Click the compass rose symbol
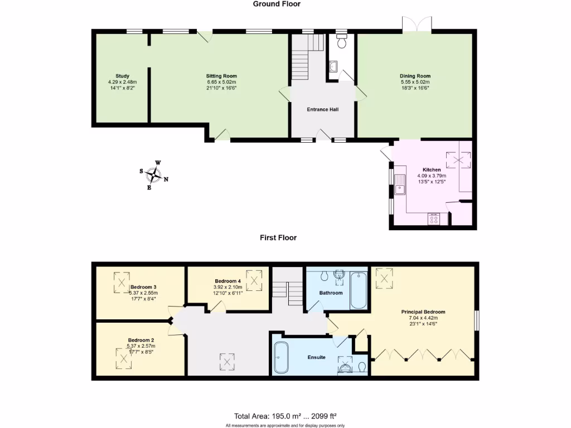point(153,176)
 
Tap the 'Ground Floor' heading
point(277,4)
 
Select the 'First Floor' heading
point(278,237)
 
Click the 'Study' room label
point(122,76)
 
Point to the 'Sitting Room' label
point(221,76)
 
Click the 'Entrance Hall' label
point(322,109)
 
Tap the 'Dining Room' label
point(415,76)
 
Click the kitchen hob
point(434,219)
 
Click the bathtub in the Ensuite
point(282,357)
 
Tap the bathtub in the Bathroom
point(357,290)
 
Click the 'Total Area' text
point(285,416)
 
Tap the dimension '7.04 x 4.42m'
point(423,319)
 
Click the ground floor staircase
point(306,58)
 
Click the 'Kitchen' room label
point(432,169)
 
